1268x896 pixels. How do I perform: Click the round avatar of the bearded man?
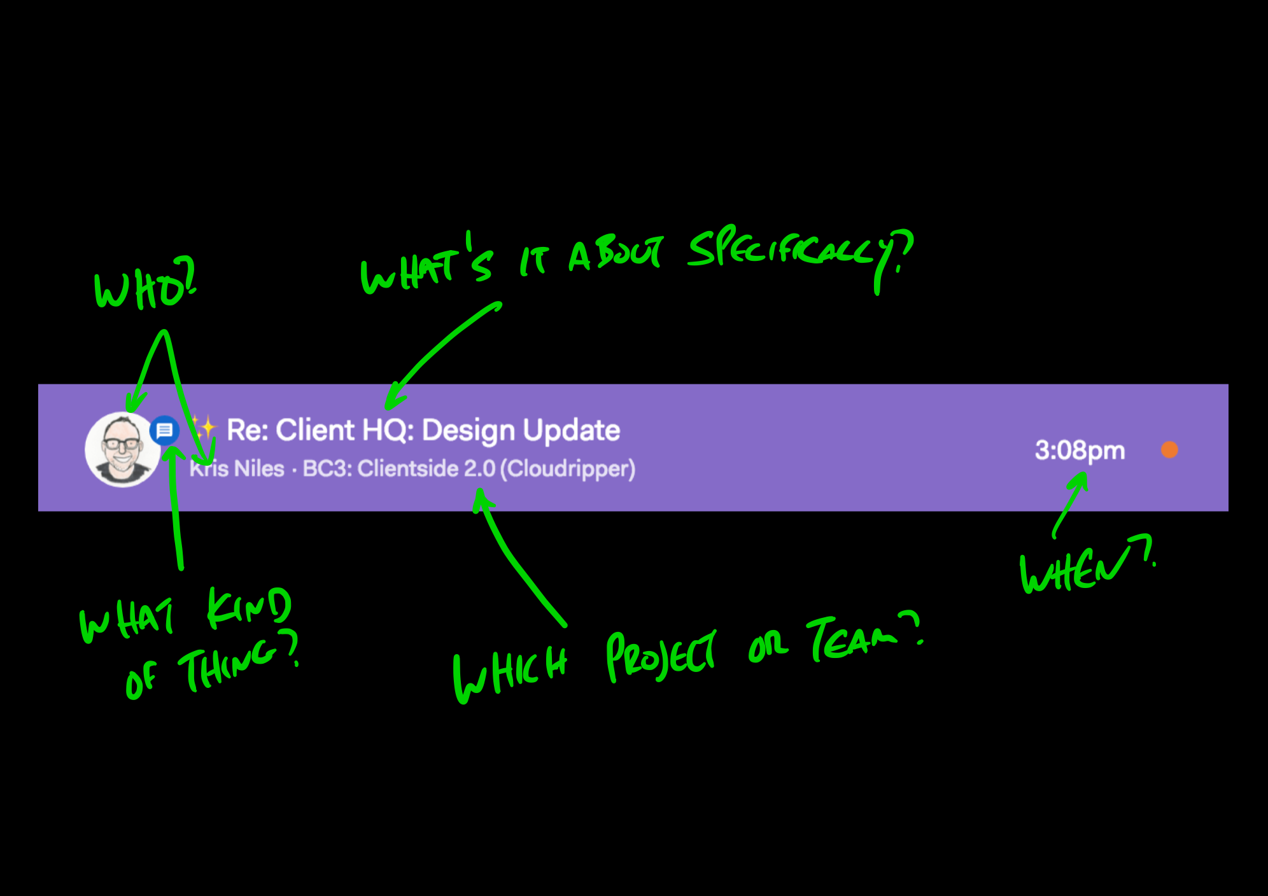(123, 449)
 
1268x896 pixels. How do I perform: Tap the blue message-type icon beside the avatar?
(164, 431)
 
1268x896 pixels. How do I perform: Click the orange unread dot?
(1169, 450)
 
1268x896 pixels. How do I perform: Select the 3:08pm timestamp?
(1080, 451)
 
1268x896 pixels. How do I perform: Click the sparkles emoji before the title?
(204, 428)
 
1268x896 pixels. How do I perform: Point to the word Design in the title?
(468, 431)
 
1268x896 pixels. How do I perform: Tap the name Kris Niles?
(237, 469)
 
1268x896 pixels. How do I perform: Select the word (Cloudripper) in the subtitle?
(568, 469)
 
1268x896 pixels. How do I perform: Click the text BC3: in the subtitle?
(327, 469)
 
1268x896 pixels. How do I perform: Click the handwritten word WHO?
(145, 284)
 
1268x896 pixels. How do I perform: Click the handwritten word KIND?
(250, 608)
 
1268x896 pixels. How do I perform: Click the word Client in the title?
(314, 430)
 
